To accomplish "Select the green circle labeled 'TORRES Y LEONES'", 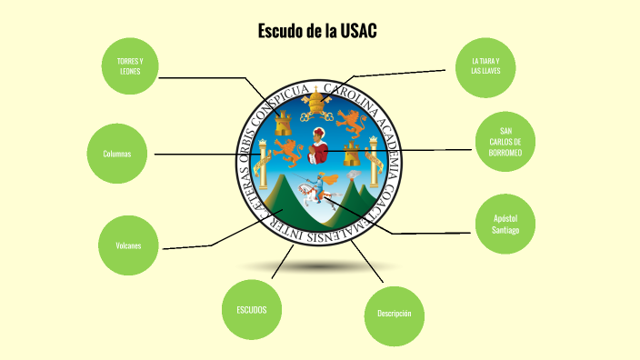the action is (135, 65).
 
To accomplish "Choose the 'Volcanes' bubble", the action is (128, 245).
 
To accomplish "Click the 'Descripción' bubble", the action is (394, 314).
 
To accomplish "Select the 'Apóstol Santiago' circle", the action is (505, 224).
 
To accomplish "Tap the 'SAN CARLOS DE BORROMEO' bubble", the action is (505, 141).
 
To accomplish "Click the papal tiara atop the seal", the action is (318, 98).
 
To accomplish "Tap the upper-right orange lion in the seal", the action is (349, 118).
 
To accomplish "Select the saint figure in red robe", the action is (318, 145).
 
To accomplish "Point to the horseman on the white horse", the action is (317, 191).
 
